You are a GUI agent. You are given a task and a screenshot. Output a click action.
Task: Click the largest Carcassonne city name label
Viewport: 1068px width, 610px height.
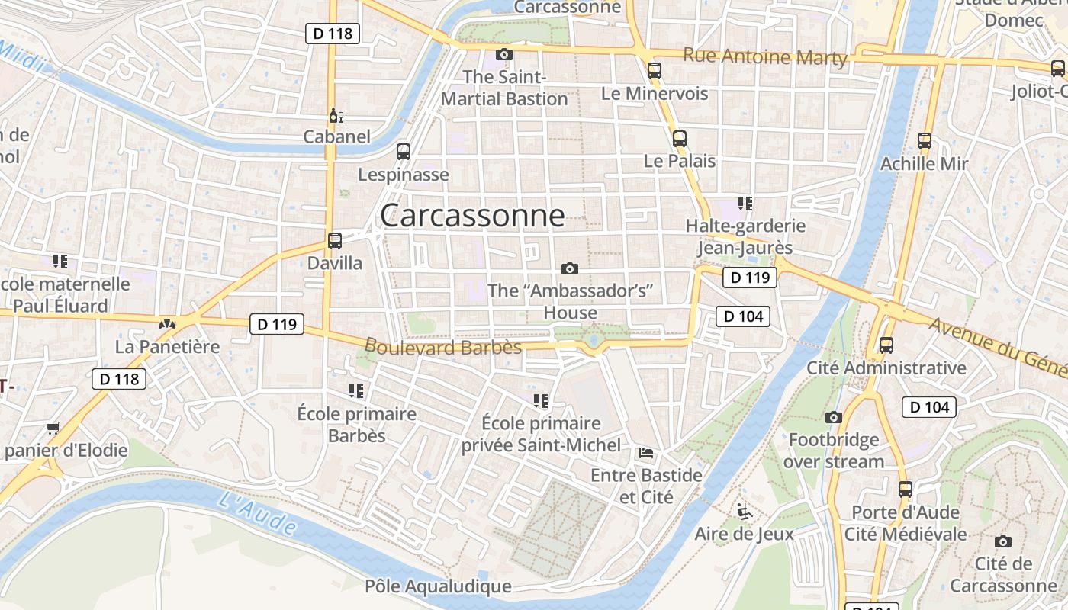[x=472, y=216]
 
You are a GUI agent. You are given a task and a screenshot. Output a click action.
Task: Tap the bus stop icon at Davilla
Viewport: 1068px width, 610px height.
[x=334, y=241]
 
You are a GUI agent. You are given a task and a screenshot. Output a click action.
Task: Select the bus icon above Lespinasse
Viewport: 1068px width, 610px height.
[x=404, y=152]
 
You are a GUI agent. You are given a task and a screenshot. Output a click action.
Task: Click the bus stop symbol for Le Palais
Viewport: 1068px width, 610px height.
[x=679, y=139]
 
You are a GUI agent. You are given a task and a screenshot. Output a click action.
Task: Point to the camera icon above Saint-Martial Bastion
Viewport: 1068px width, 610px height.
[x=503, y=54]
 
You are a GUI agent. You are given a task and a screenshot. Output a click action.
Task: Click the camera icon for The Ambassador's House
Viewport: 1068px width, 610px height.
[x=569, y=268]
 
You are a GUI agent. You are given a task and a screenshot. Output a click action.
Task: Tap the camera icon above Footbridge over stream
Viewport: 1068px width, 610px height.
[x=834, y=417]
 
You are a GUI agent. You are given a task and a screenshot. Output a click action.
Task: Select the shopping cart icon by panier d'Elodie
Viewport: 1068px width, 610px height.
[x=53, y=428]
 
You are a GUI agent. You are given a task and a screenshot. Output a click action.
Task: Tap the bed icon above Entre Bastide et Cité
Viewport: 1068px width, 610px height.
[x=646, y=453]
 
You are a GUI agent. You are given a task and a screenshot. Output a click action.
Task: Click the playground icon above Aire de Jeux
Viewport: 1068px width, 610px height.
[x=745, y=512]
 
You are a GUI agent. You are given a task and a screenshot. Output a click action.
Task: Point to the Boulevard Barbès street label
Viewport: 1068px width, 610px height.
[x=442, y=347]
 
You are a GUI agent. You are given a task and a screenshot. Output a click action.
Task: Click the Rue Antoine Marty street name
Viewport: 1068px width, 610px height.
[x=764, y=56]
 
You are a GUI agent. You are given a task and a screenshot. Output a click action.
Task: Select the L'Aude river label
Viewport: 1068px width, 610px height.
[x=256, y=512]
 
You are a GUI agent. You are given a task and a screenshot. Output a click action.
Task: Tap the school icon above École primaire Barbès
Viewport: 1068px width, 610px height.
[x=356, y=391]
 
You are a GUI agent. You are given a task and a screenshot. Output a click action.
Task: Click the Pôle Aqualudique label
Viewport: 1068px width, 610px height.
[x=438, y=586]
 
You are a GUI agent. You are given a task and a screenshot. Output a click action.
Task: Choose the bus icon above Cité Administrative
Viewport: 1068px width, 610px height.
[x=886, y=345]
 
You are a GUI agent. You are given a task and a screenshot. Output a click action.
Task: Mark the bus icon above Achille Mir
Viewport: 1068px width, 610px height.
[x=925, y=140]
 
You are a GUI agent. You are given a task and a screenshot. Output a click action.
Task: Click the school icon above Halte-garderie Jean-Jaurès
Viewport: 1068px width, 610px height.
[x=745, y=204]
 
